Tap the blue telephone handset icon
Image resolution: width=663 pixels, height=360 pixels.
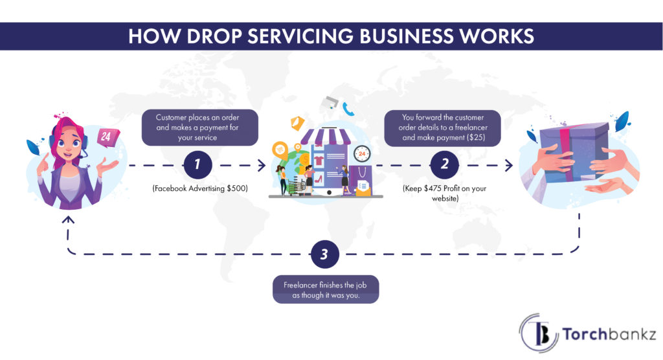pos(350,108)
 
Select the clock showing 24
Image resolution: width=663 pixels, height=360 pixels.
pos(362,155)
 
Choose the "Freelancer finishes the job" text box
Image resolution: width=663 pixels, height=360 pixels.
pos(325,289)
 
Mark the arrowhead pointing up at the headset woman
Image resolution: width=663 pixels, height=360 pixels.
pos(69,220)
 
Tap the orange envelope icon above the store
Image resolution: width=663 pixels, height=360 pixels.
pos(298,122)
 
